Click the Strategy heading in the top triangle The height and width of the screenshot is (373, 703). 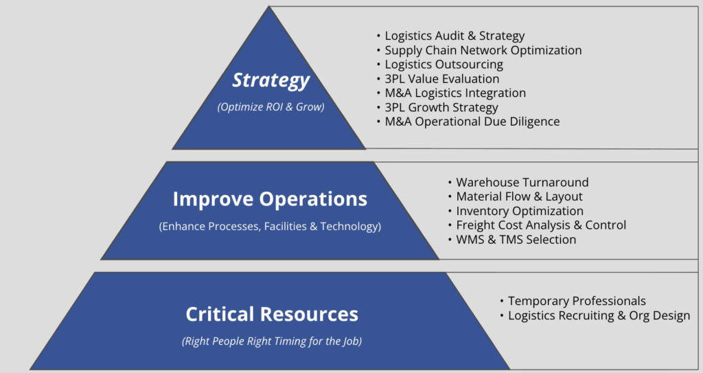270,81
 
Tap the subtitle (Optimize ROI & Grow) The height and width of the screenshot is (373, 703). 270,107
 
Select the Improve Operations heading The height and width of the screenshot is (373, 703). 270,199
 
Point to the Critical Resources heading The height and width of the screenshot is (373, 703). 272,314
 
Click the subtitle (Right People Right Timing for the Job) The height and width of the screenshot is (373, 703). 272,341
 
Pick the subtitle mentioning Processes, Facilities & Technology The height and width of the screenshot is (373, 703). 270,227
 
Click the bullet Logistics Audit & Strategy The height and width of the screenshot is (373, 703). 454,36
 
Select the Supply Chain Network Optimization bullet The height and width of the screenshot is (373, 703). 483,50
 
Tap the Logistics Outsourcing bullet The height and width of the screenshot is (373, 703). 444,65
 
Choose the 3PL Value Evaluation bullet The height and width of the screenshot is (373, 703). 442,79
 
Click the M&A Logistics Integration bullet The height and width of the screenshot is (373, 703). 455,93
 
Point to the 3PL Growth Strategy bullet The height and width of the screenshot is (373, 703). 441,108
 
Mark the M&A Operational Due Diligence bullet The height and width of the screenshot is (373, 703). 472,122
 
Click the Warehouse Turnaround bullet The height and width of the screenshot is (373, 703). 522,182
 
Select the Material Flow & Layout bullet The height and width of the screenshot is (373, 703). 519,196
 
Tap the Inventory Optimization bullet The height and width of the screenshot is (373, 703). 520,211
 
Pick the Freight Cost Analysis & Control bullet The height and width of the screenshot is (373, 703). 541,225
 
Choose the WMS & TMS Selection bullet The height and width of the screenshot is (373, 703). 516,240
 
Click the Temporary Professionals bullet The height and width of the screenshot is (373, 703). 577,301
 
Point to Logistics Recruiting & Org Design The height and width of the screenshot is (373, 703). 599,315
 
